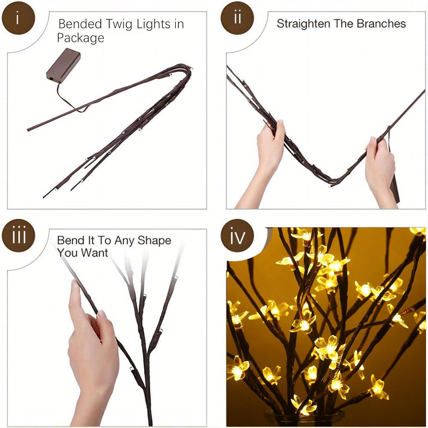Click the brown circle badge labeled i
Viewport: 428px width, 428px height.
pyautogui.click(x=18, y=18)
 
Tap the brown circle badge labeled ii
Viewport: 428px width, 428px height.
pyautogui.click(x=237, y=18)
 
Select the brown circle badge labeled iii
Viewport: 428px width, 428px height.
pyautogui.click(x=18, y=235)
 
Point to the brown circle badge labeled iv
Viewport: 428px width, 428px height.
pyautogui.click(x=237, y=236)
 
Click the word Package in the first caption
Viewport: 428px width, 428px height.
pyautogui.click(x=81, y=38)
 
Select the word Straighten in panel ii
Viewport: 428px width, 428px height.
pyautogui.click(x=303, y=24)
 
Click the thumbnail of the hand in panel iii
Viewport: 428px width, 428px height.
pyautogui.click(x=102, y=314)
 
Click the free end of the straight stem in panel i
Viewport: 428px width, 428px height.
pyautogui.click(x=29, y=129)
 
